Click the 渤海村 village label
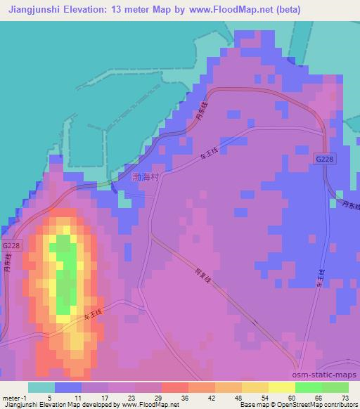click(146, 177)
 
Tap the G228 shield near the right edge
click(325, 160)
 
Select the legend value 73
click(343, 398)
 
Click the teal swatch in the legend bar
click(41, 387)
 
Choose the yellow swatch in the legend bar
click(281, 387)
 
